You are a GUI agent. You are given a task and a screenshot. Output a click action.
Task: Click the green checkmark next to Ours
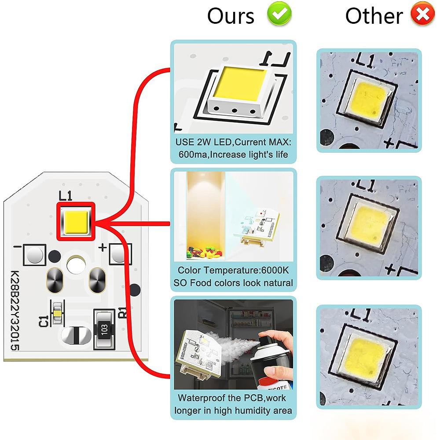click(x=279, y=15)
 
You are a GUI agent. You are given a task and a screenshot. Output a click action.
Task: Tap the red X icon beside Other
click(x=422, y=15)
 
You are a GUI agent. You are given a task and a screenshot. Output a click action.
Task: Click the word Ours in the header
click(x=231, y=16)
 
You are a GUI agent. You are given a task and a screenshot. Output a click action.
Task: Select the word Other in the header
click(x=374, y=16)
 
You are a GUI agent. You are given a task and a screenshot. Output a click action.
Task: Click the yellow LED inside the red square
click(x=76, y=221)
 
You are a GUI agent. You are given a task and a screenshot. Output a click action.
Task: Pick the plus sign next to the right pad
click(x=103, y=247)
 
